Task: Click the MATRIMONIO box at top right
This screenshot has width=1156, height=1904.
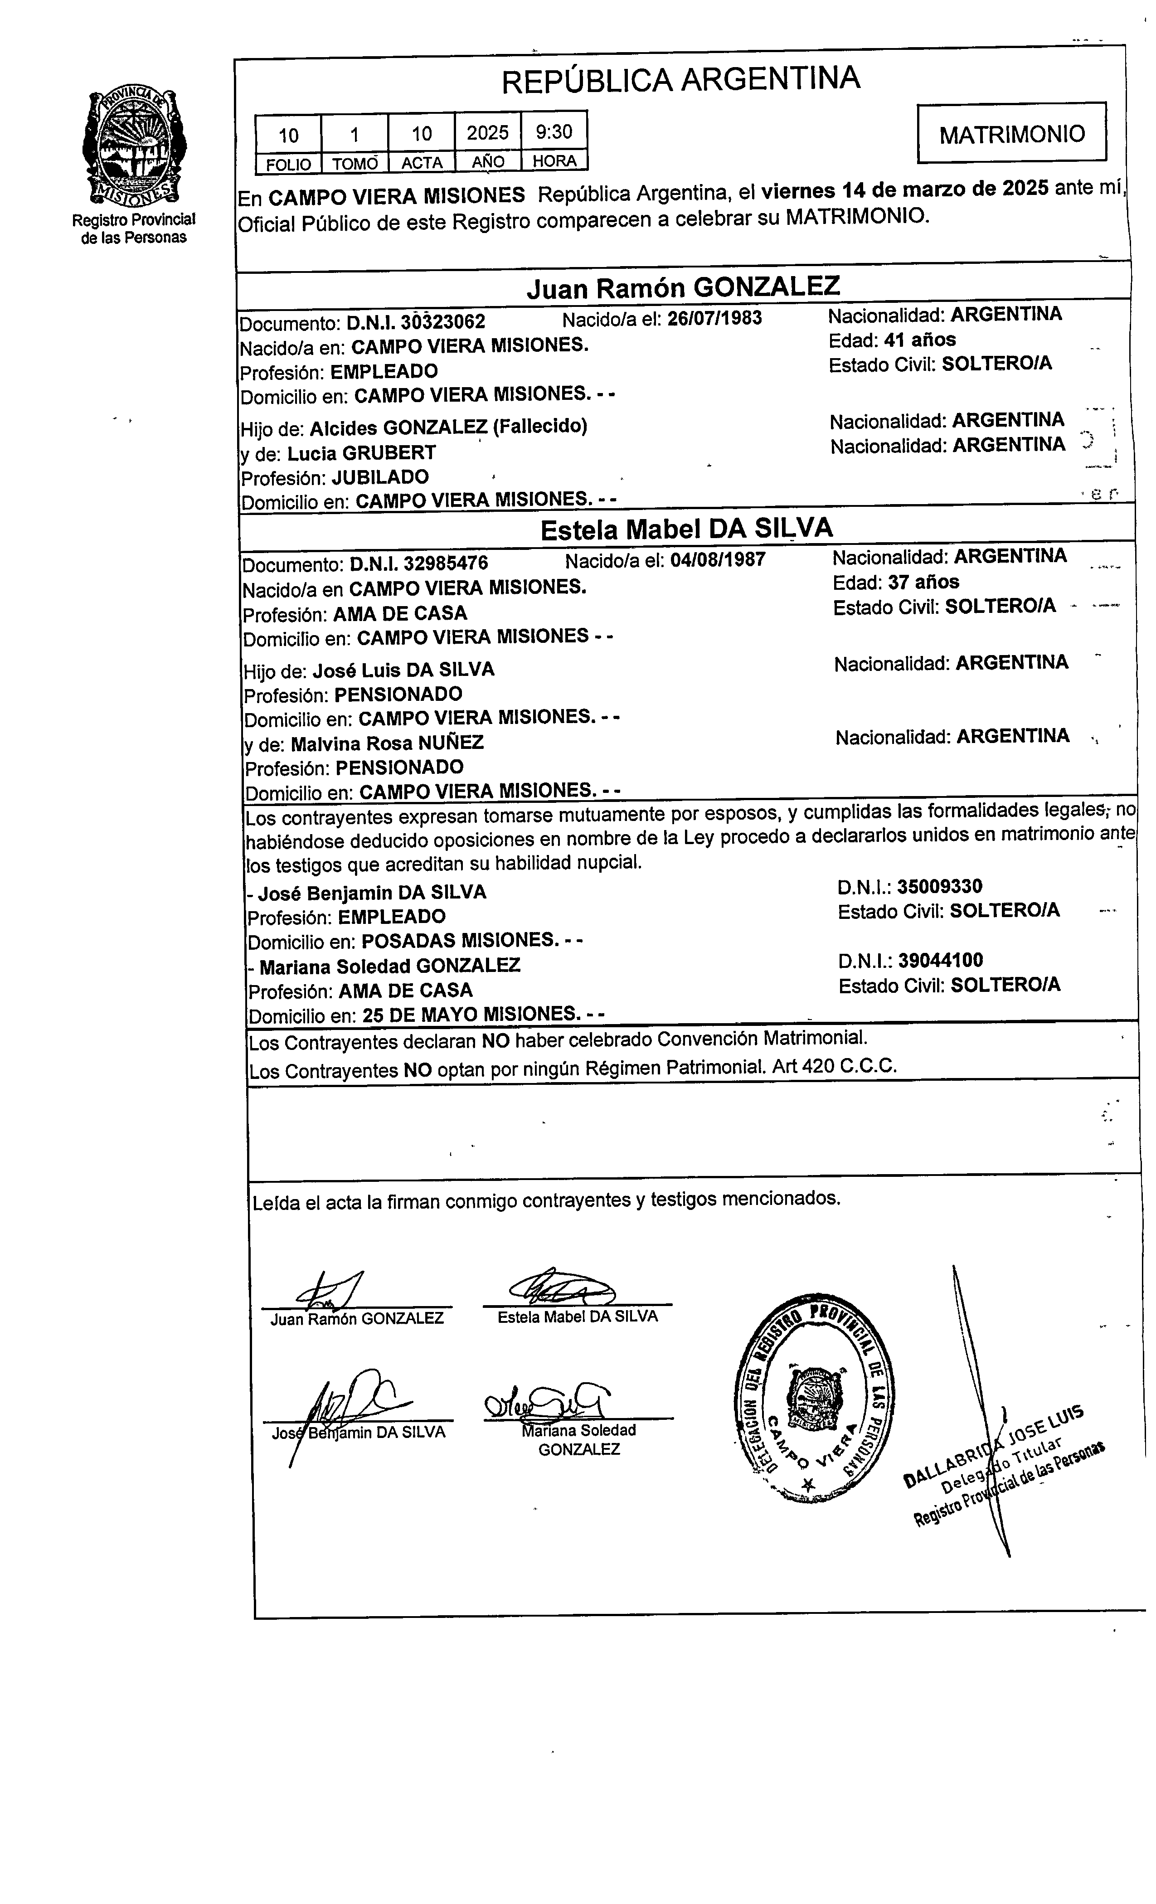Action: pyautogui.click(x=1011, y=134)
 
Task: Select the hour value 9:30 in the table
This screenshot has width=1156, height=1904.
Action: pyautogui.click(x=554, y=132)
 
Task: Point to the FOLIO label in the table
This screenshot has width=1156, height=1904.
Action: pyautogui.click(x=288, y=164)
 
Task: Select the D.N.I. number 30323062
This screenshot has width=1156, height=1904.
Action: pyautogui.click(x=443, y=321)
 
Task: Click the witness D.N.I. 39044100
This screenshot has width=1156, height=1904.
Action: pyautogui.click(x=940, y=961)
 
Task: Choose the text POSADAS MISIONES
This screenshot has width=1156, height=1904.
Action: pyautogui.click(x=459, y=940)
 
